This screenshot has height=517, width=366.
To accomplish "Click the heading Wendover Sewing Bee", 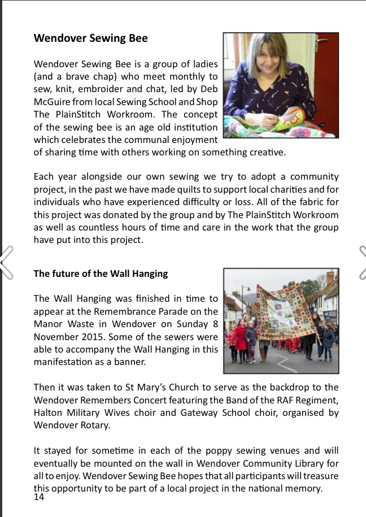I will pyautogui.click(x=90, y=38).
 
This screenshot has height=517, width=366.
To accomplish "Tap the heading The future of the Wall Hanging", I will pyautogui.click(x=101, y=273).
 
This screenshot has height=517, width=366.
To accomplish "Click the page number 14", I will pyautogui.click(x=39, y=497).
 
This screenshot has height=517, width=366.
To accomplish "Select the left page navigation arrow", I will pyautogui.click(x=7, y=263).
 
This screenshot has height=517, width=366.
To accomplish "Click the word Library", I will pyautogui.click(x=299, y=464).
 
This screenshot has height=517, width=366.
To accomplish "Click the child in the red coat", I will pyautogui.click(x=240, y=337).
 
